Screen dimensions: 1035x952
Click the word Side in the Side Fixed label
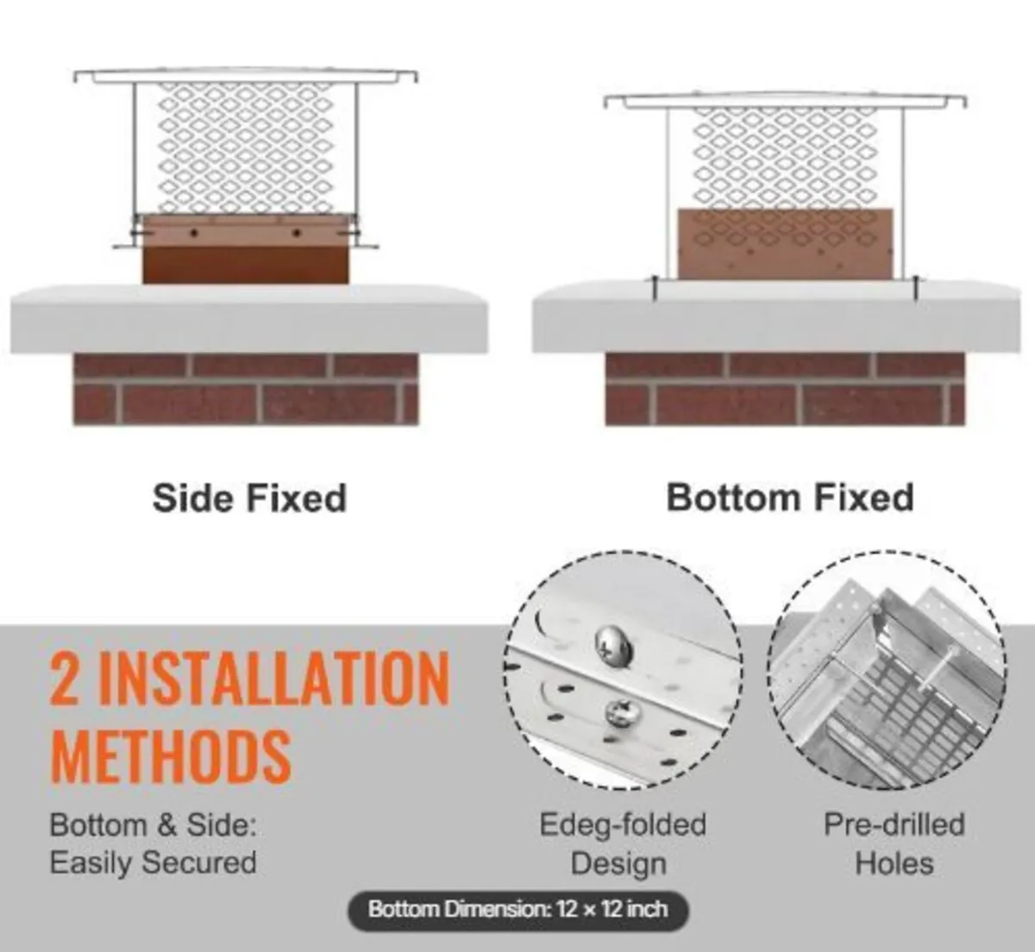(193, 498)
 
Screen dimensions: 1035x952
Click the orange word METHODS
(171, 755)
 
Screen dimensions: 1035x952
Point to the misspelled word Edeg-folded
(623, 824)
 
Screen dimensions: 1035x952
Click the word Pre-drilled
(894, 824)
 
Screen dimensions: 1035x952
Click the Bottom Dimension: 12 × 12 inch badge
(518, 909)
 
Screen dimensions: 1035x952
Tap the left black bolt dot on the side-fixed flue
(194, 233)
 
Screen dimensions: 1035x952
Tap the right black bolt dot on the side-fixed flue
(296, 233)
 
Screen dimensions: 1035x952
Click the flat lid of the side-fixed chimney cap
(246, 75)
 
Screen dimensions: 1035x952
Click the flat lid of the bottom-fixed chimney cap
(785, 100)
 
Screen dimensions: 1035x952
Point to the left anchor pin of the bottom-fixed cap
(655, 288)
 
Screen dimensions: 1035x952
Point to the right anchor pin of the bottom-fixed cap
(916, 288)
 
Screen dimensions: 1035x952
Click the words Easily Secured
(154, 862)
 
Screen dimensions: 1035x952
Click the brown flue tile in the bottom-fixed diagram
(785, 243)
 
